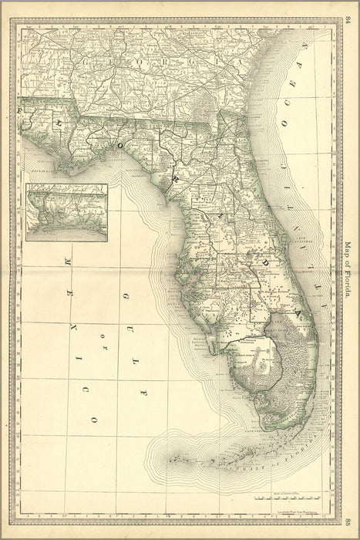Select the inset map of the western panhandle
66,212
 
